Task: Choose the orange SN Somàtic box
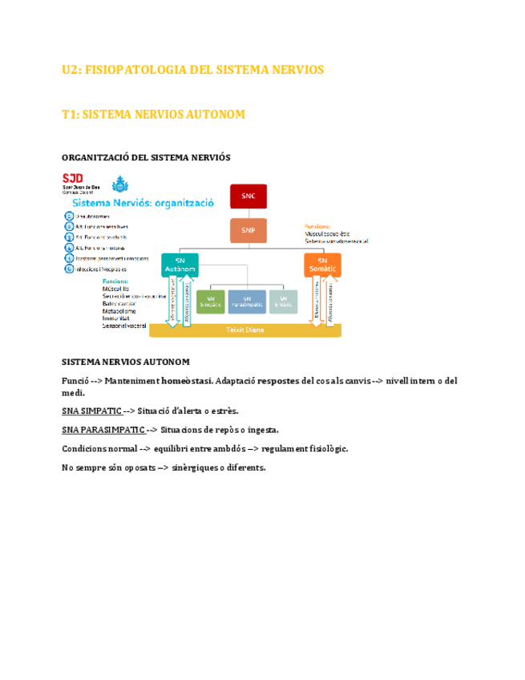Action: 322,265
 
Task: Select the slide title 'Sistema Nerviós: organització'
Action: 143,204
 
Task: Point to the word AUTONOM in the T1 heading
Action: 215,115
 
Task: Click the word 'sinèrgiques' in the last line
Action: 199,467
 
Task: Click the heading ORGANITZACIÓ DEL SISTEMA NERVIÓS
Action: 146,158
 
